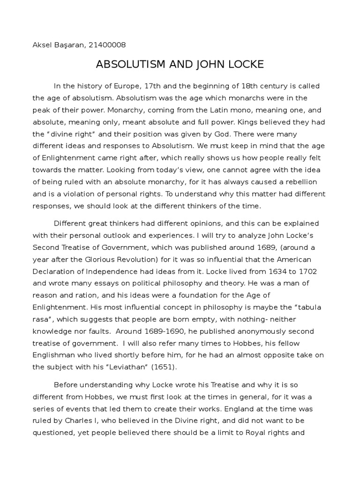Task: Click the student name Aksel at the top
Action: pyautogui.click(x=43, y=45)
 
